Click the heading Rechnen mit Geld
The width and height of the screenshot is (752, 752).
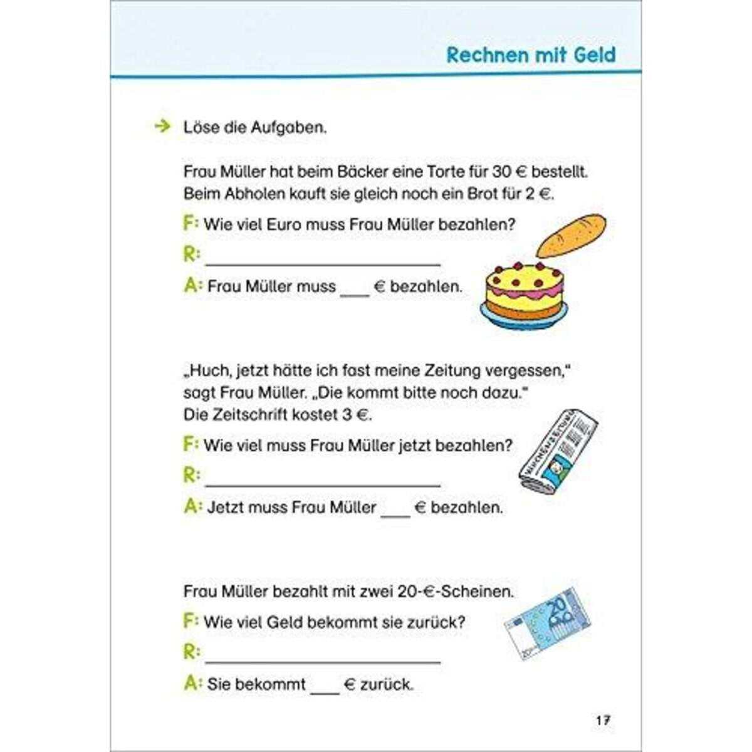pyautogui.click(x=531, y=55)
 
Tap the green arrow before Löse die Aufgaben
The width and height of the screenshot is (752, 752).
pyautogui.click(x=162, y=127)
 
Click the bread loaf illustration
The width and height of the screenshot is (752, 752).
pyautogui.click(x=572, y=236)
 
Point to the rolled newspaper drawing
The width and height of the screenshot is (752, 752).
pyautogui.click(x=557, y=449)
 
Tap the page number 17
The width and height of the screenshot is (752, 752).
pyautogui.click(x=603, y=721)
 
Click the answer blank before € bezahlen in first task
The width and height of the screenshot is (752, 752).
pyautogui.click(x=355, y=288)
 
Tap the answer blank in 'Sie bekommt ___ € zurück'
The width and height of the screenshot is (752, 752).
pyautogui.click(x=325, y=686)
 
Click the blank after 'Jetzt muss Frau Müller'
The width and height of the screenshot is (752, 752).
pyautogui.click(x=395, y=509)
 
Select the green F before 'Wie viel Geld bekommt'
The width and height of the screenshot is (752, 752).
pyautogui.click(x=191, y=621)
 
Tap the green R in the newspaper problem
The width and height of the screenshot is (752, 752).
pyautogui.click(x=191, y=476)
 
